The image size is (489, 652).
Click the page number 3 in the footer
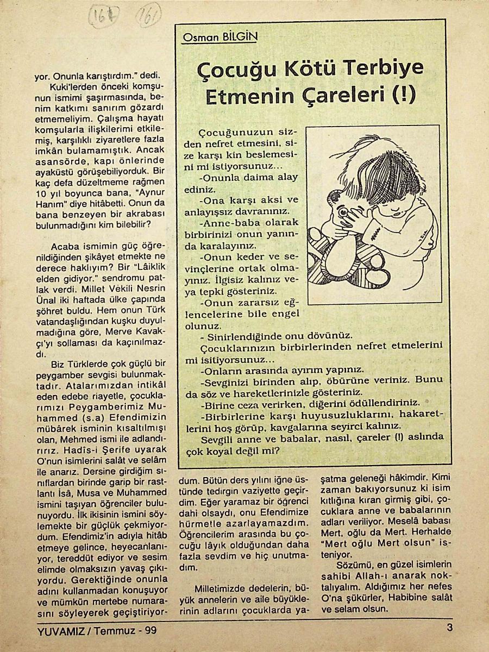(x=449, y=629)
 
